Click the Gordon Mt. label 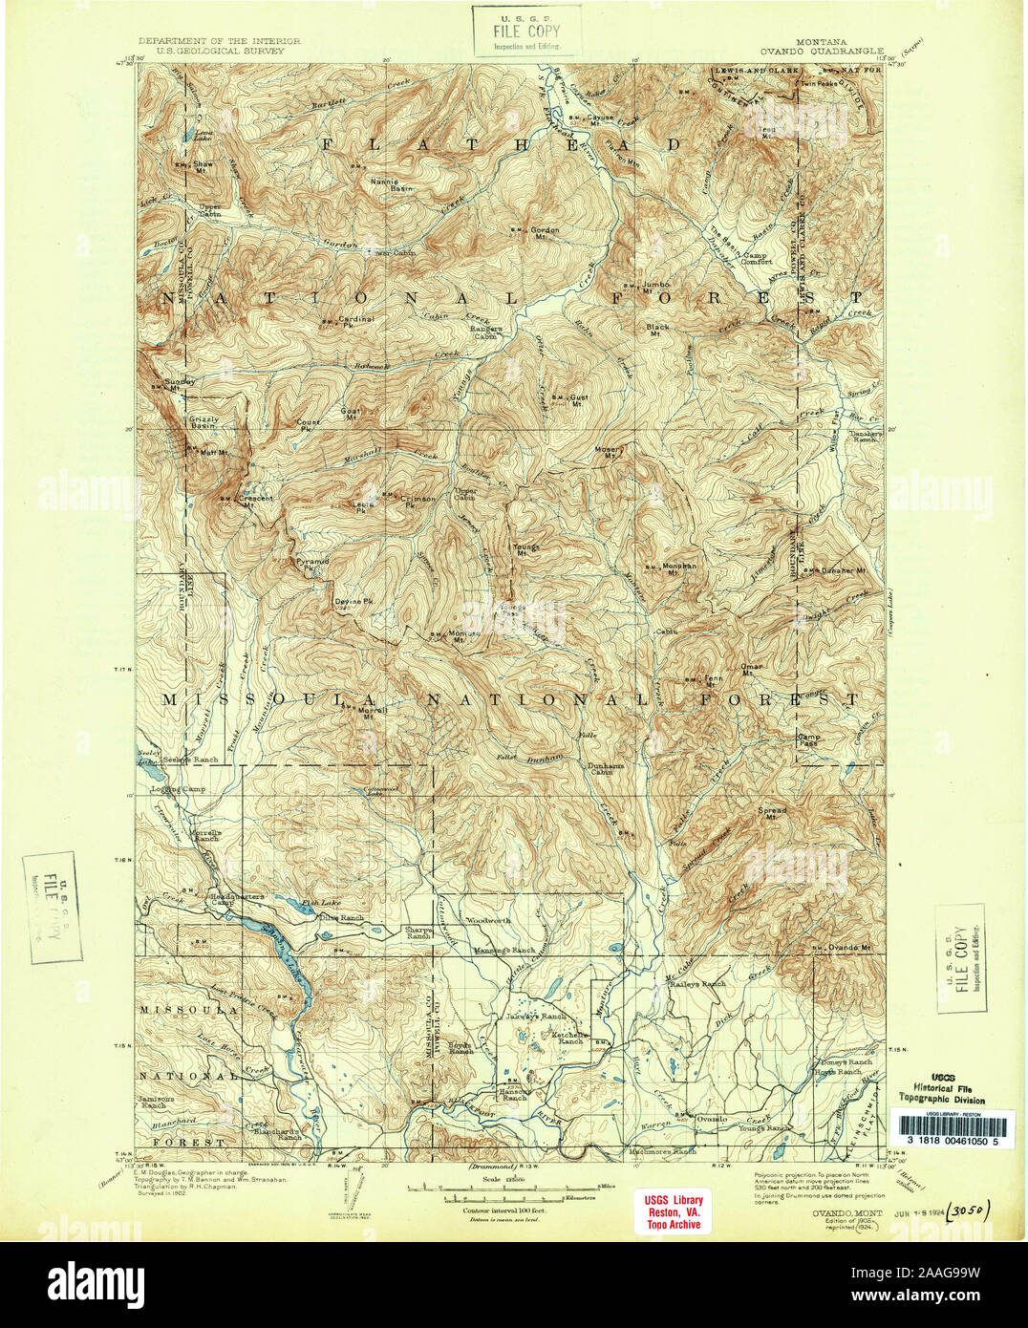click(x=545, y=231)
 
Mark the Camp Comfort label click(x=756, y=259)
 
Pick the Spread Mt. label click(x=772, y=813)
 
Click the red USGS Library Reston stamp click(x=673, y=1212)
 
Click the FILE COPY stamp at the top click(x=526, y=31)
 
